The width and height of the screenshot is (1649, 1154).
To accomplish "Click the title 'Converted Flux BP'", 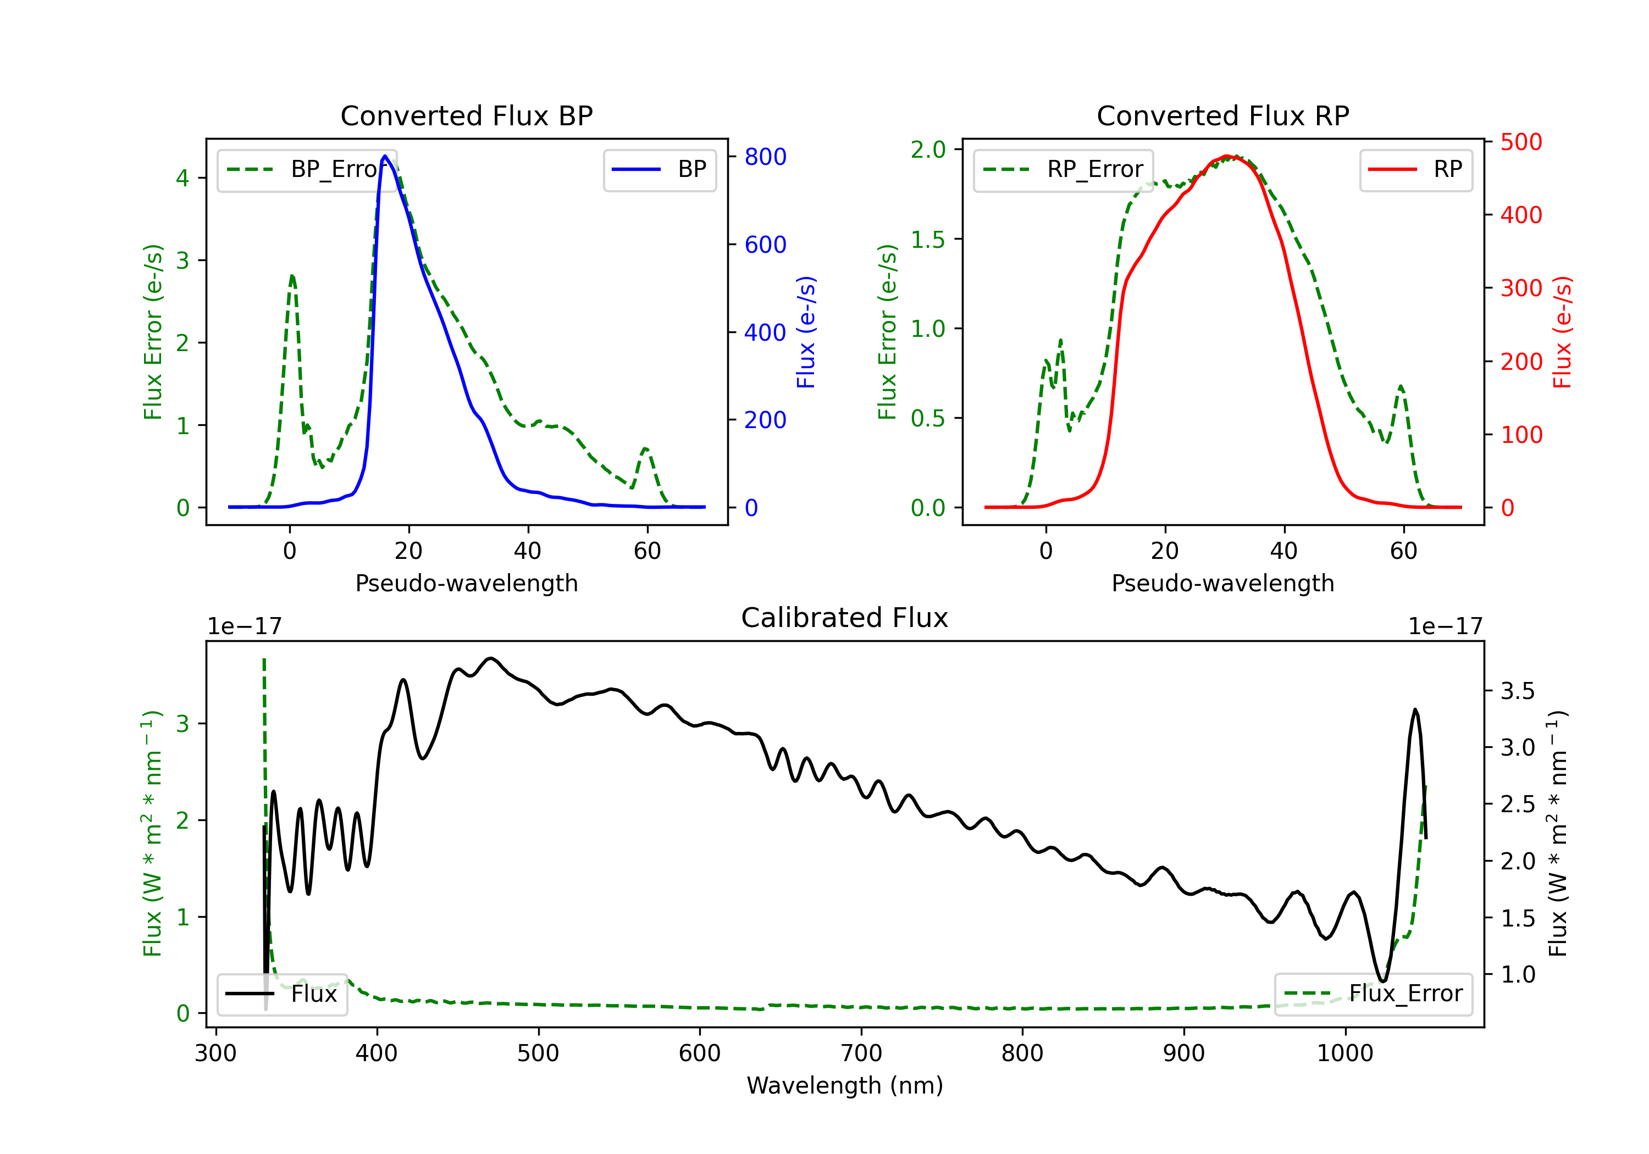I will coord(466,115).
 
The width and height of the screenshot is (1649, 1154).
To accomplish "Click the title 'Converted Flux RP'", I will coord(1222,115).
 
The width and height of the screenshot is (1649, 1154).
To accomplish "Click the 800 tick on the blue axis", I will coord(765,157).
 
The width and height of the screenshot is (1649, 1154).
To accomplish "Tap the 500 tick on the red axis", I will coord(1521,142).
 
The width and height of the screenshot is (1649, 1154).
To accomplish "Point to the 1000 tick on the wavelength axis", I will coord(1344,1053).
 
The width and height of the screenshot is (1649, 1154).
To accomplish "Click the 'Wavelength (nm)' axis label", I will coord(845,1085).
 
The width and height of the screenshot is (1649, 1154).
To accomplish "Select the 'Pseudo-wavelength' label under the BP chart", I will coord(466,583).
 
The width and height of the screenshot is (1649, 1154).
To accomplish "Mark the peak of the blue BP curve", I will coord(385,156).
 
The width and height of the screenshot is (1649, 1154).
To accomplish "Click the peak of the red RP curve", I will coord(1227,156).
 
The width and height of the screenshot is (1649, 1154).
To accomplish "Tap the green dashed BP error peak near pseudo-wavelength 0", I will coord(291,275).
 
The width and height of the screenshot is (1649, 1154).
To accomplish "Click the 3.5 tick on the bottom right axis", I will coord(1517,691).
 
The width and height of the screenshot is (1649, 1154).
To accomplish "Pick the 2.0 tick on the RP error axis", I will coord(928,149).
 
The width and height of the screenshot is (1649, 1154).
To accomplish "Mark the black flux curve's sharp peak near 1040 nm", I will coord(1415,710).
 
